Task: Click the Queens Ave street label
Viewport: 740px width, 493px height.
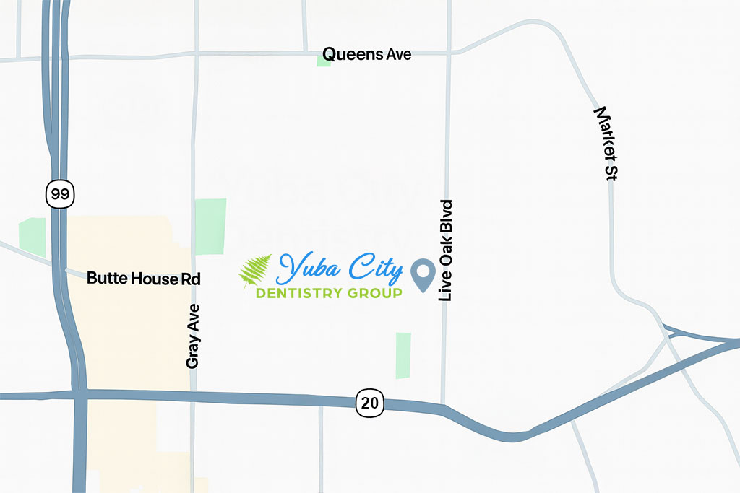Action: coord(366,54)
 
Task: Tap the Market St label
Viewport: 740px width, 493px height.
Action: coord(606,144)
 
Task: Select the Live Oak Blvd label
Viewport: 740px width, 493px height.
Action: coord(447,250)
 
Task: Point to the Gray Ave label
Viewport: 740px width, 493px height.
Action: coord(192,336)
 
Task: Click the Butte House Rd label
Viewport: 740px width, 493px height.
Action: coord(143,278)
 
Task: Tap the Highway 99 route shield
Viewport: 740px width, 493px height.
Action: coord(59,194)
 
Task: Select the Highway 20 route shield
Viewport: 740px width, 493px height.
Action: coord(369,403)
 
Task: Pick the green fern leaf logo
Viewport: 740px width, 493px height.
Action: coord(255,271)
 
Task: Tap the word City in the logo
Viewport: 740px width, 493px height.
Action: coord(372,269)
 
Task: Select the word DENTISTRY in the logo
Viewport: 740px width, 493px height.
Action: coord(304,294)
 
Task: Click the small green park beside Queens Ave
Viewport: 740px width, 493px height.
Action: coord(324,60)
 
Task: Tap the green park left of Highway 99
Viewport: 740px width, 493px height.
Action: coord(33,237)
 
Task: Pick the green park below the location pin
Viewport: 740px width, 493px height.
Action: coord(403,355)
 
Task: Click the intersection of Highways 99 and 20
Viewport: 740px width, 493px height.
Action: coord(79,394)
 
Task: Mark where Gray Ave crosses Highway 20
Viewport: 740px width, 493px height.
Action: coord(192,396)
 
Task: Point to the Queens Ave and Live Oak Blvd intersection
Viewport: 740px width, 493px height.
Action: coord(449,53)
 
